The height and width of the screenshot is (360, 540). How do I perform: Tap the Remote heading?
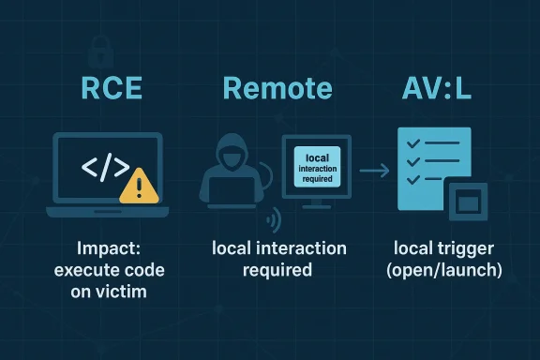(277, 89)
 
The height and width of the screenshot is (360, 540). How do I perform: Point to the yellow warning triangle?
(139, 186)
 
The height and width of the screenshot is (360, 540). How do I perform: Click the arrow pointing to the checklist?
(375, 171)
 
